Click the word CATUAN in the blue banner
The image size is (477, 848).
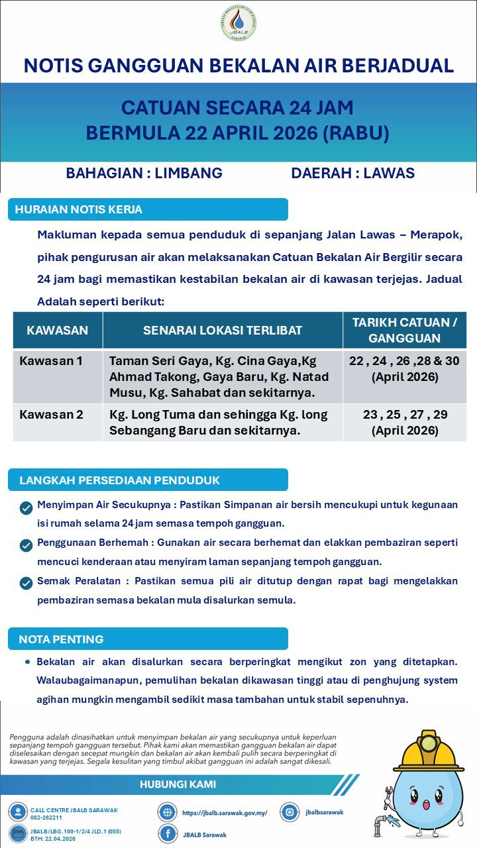tap(160, 108)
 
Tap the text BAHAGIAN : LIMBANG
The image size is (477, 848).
tap(144, 174)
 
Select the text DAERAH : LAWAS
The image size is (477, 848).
tap(352, 174)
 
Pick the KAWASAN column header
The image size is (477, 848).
tap(57, 330)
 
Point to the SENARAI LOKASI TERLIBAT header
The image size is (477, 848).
tap(223, 330)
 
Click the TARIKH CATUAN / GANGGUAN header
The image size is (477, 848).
tap(404, 330)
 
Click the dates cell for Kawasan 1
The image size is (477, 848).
tap(405, 369)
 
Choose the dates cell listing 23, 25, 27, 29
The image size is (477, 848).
tap(405, 422)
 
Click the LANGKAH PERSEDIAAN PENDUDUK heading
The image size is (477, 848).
tap(119, 480)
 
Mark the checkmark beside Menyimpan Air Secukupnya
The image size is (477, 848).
tap(26, 508)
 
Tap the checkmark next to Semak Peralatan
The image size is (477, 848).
tap(26, 583)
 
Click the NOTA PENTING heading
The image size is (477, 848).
tap(61, 639)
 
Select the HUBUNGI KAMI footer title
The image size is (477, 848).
tap(178, 784)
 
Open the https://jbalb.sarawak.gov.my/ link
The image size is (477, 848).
tap(224, 812)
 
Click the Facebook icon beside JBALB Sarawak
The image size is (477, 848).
tap(167, 834)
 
